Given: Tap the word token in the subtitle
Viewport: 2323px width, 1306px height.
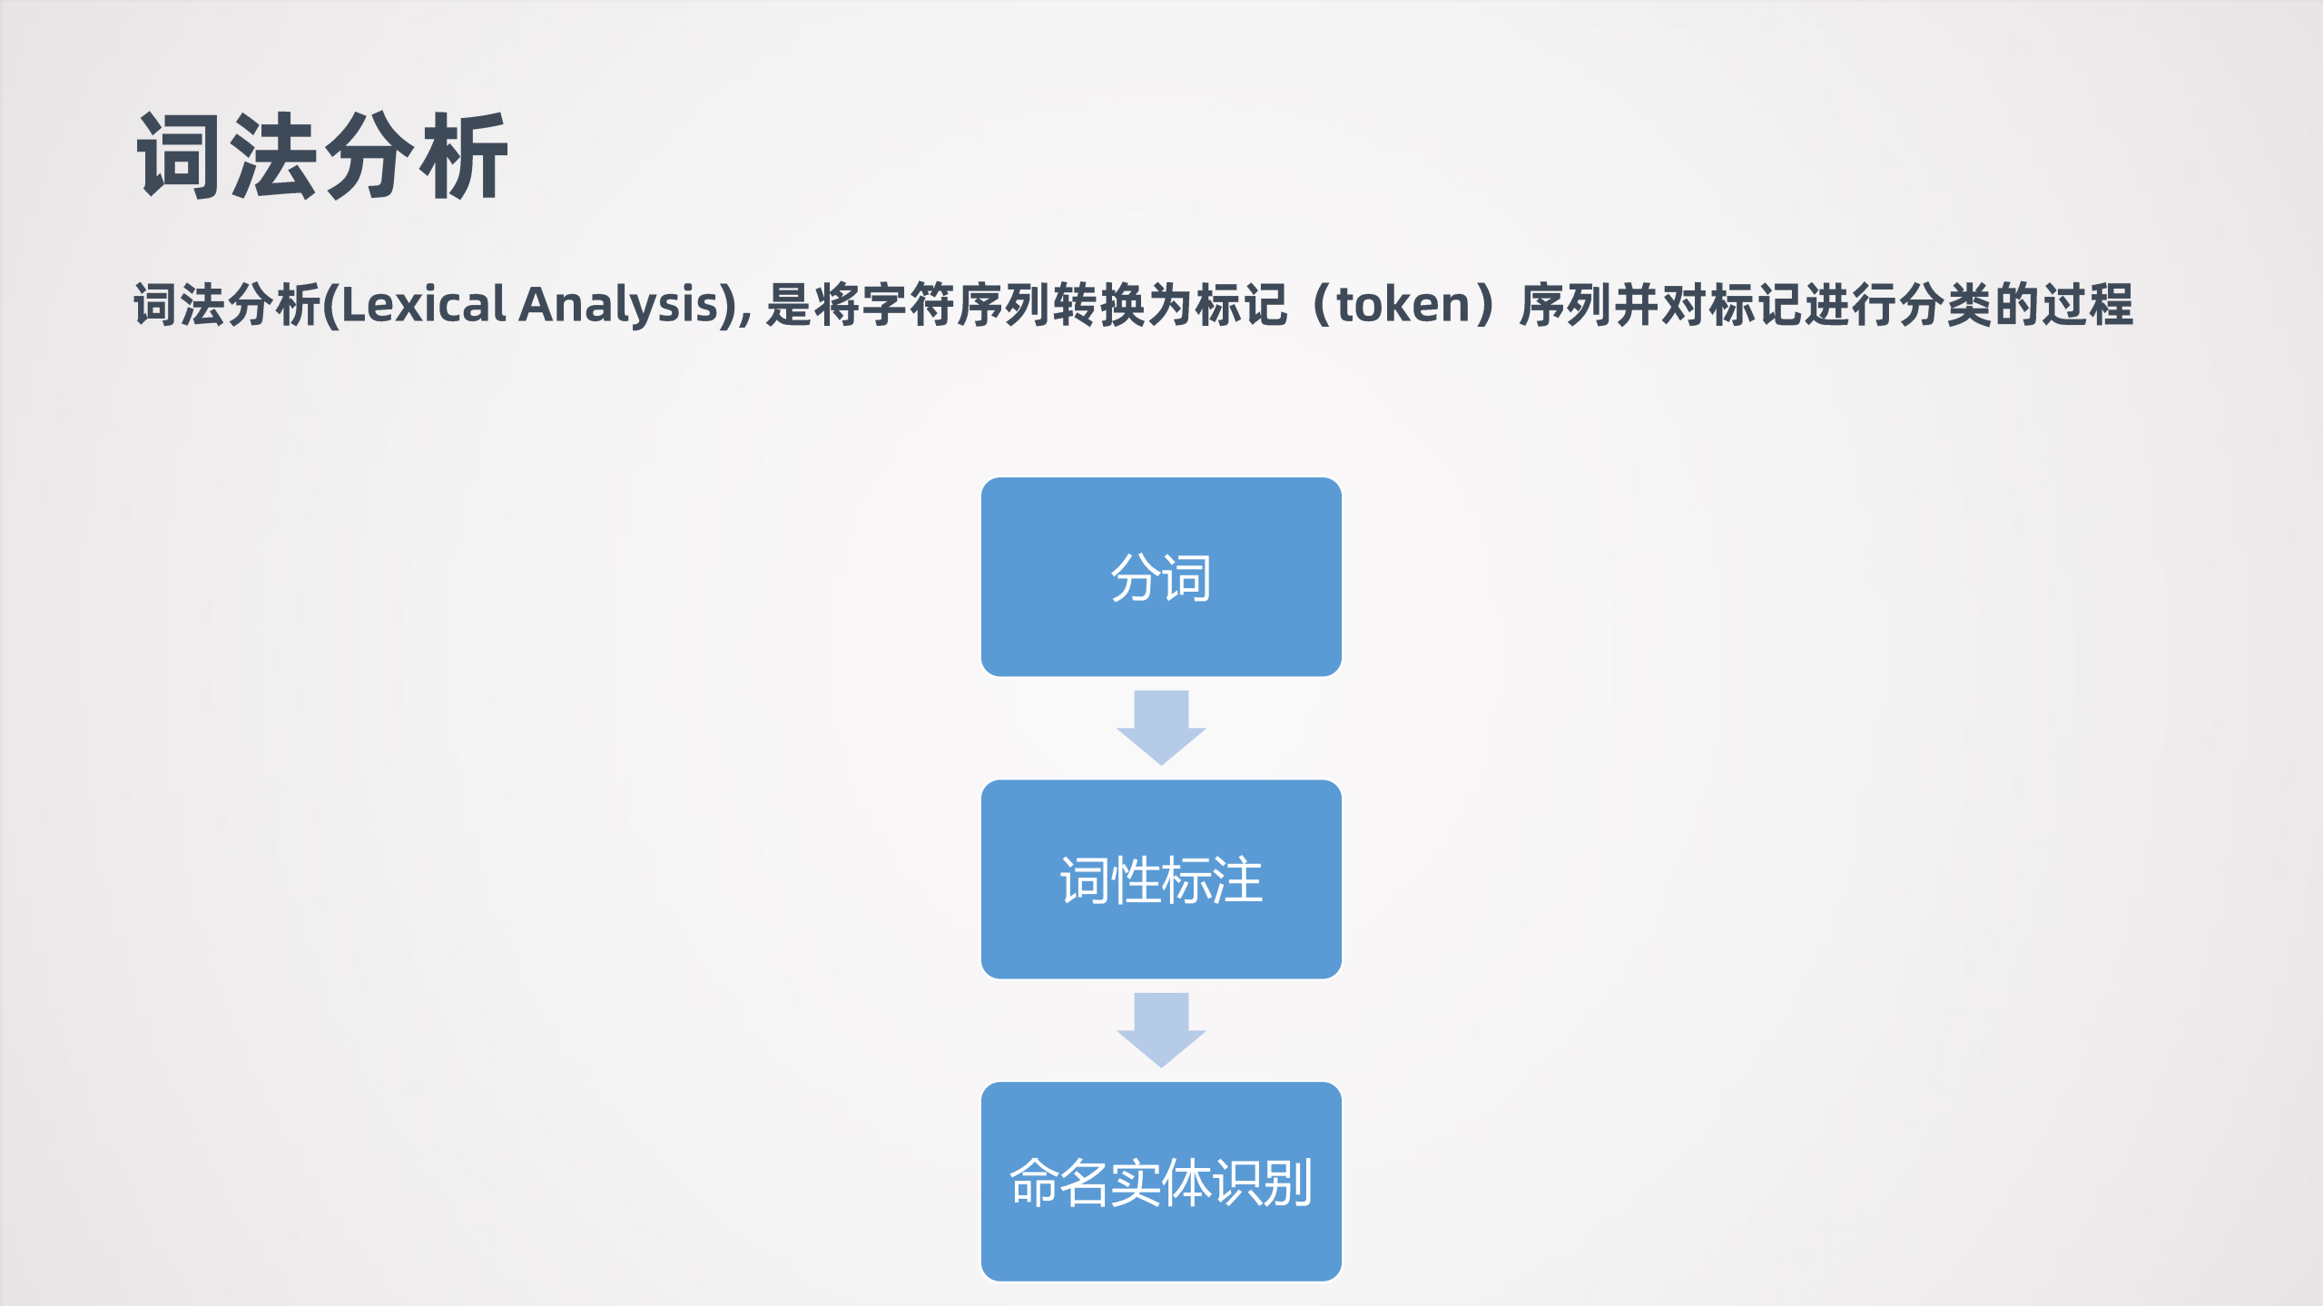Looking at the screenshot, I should coord(1403,305).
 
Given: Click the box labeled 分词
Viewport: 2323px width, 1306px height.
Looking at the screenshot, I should coord(1161,577).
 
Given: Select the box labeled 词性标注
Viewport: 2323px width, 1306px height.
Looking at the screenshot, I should coord(1161,879).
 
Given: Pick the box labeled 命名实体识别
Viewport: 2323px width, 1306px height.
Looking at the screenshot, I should coord(1161,1181).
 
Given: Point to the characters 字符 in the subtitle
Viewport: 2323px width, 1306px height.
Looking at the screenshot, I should coord(909,305).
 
